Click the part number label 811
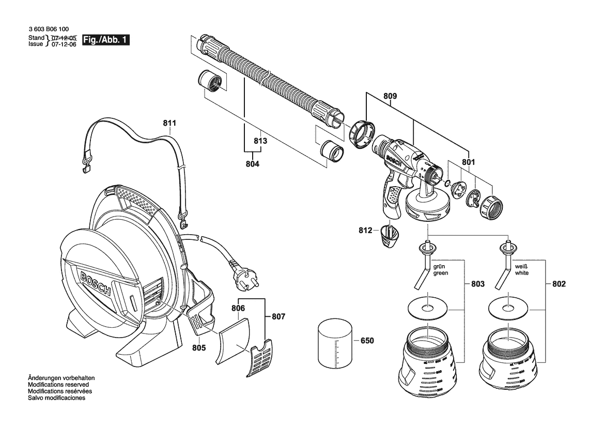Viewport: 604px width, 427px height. click(x=169, y=123)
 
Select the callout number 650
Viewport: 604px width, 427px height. click(x=367, y=341)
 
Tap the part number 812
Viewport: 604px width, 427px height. click(x=365, y=230)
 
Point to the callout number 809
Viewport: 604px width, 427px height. click(x=390, y=96)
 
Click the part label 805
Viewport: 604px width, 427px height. click(x=199, y=347)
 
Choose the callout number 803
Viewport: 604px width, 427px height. click(x=477, y=284)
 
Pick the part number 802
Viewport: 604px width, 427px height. click(x=559, y=284)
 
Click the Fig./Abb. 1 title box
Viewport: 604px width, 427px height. click(x=106, y=40)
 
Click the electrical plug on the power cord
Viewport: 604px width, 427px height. click(x=239, y=275)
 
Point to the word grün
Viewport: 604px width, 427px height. click(x=439, y=266)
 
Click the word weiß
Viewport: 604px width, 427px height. click(x=521, y=266)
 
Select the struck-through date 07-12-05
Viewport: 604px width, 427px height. click(x=64, y=38)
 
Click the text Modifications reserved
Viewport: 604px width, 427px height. click(x=58, y=385)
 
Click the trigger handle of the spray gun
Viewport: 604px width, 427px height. click(x=391, y=194)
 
